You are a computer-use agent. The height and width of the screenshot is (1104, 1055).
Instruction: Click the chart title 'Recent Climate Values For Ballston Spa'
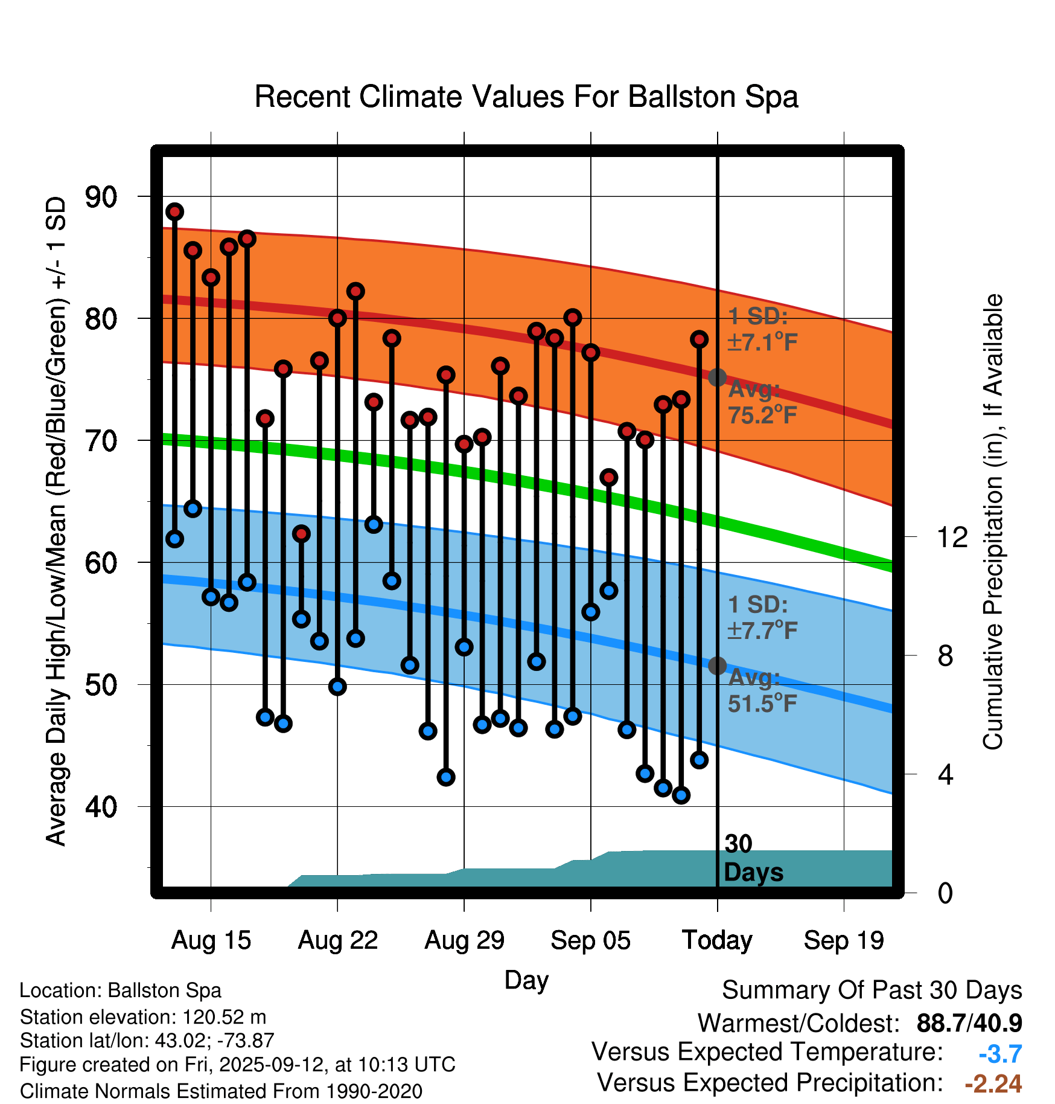click(526, 97)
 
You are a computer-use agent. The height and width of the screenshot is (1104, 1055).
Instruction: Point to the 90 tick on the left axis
click(101, 197)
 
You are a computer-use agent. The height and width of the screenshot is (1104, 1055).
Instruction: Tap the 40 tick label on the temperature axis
click(101, 806)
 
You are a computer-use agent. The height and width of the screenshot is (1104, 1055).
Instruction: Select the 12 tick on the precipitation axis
click(952, 537)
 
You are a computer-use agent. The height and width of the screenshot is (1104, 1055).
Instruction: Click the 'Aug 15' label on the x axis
click(211, 940)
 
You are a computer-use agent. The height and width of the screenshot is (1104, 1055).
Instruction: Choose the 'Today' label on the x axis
click(717, 940)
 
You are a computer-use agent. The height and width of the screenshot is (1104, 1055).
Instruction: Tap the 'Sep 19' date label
click(844, 940)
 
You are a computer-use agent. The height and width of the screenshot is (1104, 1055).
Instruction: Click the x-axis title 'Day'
click(526, 980)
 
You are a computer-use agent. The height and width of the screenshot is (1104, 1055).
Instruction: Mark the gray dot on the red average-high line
click(717, 377)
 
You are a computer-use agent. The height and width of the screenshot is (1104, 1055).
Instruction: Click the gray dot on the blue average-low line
click(717, 666)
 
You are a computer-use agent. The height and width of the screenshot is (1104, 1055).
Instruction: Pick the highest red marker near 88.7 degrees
click(175, 212)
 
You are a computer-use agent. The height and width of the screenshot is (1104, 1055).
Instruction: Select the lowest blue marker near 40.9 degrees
click(681, 795)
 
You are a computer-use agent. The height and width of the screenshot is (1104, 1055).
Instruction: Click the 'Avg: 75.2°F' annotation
click(762, 402)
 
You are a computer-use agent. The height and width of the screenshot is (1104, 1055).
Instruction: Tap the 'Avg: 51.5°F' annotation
click(762, 690)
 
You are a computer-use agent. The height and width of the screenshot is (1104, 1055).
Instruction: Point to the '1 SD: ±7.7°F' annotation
click(762, 617)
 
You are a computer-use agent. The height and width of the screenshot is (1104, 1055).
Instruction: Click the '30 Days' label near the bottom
click(753, 858)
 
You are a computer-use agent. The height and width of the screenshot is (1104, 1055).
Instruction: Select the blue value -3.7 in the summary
click(1000, 1054)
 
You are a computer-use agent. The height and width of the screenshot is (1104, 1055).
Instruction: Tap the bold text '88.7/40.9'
click(969, 1023)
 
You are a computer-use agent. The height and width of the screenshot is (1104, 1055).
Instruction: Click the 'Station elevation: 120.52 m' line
click(143, 1017)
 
